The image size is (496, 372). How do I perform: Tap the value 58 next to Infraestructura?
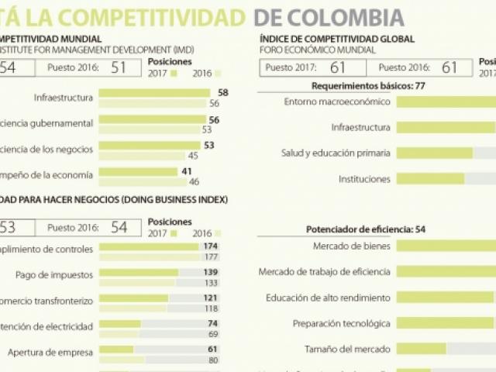[223, 92]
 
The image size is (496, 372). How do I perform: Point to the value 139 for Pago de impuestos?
[211, 272]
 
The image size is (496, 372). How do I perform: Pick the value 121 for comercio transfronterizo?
[211, 298]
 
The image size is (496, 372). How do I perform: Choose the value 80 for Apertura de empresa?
[213, 360]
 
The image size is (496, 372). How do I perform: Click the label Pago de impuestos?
[54, 274]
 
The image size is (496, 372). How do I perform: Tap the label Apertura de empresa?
[50, 352]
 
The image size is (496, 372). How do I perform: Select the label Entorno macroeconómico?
[337, 102]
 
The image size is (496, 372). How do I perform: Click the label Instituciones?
[364, 179]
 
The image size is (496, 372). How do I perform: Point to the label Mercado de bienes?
[351, 246]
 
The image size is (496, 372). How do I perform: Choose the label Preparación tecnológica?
[341, 323]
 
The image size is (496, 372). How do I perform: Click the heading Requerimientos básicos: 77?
[368, 85]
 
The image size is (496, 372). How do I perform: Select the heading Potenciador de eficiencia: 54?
[366, 229]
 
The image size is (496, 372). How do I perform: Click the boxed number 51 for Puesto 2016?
[119, 67]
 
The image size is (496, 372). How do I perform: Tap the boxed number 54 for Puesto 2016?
[119, 227]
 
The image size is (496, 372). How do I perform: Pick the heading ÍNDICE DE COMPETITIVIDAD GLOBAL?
[337, 39]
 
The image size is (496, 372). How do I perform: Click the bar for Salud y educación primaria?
[435, 153]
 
